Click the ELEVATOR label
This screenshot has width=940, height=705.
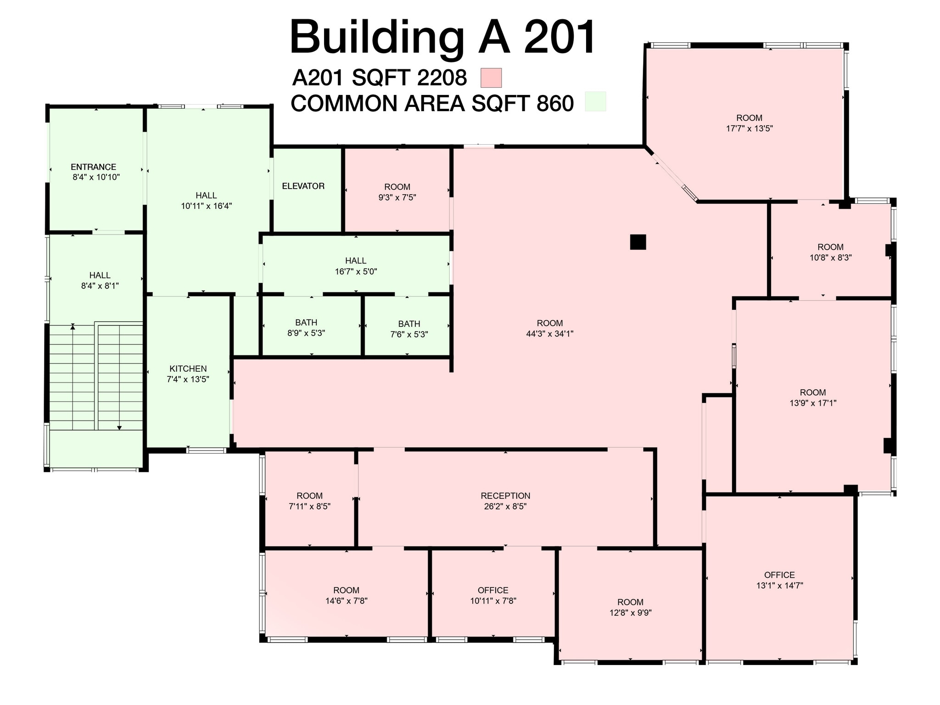point(303,186)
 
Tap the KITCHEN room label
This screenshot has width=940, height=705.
point(188,369)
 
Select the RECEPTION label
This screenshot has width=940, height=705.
point(505,496)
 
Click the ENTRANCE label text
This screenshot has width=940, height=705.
point(93,167)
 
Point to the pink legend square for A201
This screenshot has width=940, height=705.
point(491,78)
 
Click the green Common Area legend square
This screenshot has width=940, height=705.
point(595,101)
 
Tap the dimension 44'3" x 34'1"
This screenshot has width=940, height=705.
point(549,334)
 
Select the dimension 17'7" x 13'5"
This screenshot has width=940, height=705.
point(749,129)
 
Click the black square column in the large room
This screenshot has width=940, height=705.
point(638,242)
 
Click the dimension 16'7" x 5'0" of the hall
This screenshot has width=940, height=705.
point(356,271)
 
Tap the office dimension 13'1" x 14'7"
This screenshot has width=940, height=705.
point(779,586)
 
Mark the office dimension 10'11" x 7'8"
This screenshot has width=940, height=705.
point(493,601)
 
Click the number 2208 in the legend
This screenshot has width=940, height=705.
point(442,78)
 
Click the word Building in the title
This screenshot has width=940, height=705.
point(376,38)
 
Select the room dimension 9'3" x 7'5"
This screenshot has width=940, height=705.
point(397,197)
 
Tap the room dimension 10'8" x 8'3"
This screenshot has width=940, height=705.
point(830,257)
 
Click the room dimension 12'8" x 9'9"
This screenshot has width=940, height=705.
point(630,613)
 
